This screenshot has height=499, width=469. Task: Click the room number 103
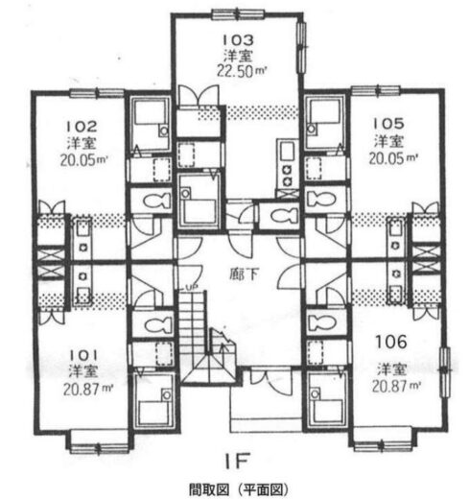[x=238, y=40]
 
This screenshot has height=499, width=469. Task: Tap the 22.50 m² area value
[x=242, y=71]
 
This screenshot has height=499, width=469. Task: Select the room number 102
[x=82, y=127]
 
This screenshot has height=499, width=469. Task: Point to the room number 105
[x=389, y=124]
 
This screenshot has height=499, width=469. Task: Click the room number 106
[x=391, y=342]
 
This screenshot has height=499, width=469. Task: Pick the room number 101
[x=83, y=355]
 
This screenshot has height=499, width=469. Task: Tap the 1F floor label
[x=236, y=461]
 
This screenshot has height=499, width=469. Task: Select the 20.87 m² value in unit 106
[x=396, y=386]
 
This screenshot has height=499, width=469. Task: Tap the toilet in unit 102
[x=156, y=201]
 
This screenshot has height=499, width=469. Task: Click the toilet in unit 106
[x=321, y=322]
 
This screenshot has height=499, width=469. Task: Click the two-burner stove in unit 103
[x=288, y=176]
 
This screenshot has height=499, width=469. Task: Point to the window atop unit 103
[x=239, y=14]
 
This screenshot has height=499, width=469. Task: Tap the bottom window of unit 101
[x=99, y=448]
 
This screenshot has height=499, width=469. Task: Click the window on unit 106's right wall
[x=445, y=372]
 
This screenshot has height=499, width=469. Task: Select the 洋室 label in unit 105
[x=389, y=141]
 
